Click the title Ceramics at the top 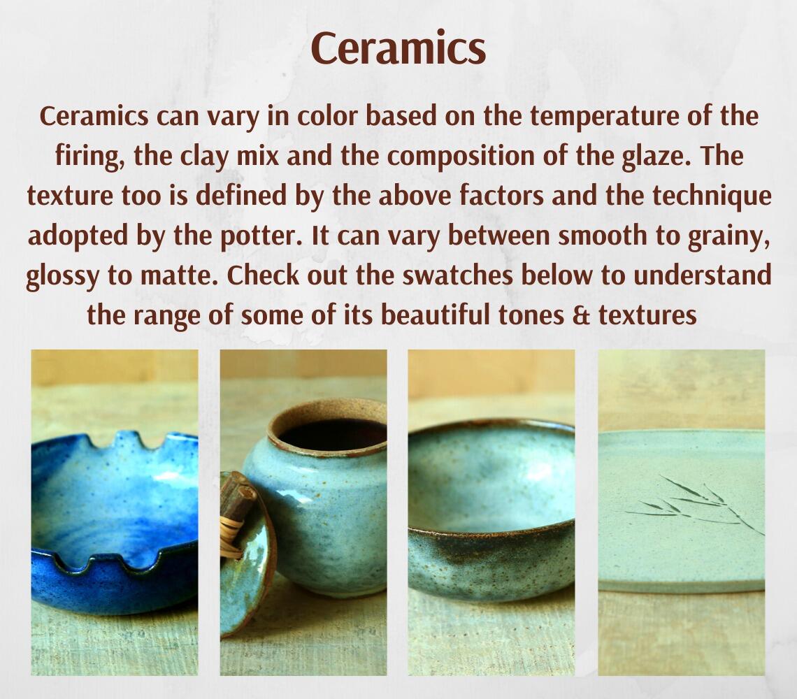398,48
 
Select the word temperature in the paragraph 586,115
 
